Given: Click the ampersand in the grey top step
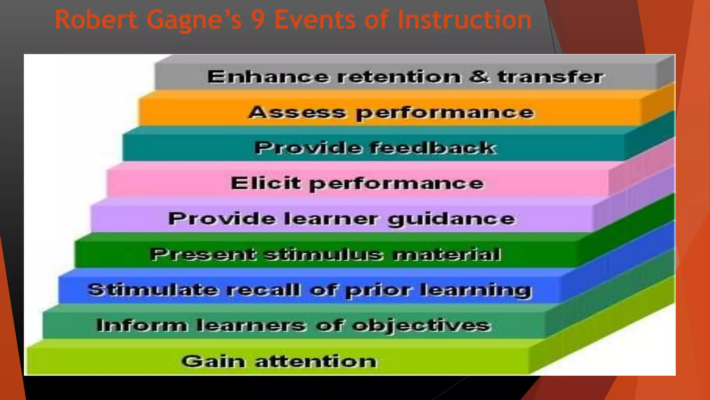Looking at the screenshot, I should [479, 76].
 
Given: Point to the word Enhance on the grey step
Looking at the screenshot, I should [268, 77].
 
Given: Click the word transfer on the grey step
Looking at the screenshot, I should [551, 77].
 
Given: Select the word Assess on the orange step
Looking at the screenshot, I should [297, 112].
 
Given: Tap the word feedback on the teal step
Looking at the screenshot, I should [433, 148].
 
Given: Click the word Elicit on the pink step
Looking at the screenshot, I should [265, 183].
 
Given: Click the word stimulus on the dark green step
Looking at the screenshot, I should [324, 255].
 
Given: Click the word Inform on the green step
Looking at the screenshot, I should [141, 325].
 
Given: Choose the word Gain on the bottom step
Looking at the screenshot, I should [212, 361].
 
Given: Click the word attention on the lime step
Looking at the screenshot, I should [316, 361].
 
